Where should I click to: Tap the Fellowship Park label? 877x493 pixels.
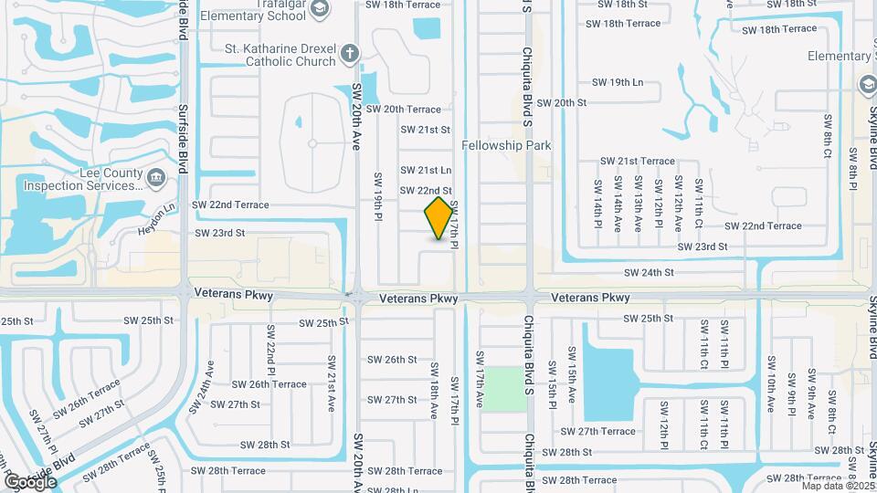pyautogui.click(x=506, y=145)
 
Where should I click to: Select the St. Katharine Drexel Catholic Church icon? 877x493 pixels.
pyautogui.click(x=347, y=55)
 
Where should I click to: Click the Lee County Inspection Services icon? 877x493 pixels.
pyautogui.click(x=156, y=175)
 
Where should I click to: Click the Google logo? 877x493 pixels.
pyautogui.click(x=30, y=481)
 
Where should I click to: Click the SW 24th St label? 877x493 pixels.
pyautogui.click(x=649, y=272)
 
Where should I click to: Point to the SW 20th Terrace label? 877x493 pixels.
pyautogui.click(x=403, y=109)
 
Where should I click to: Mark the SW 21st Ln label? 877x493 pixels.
pyautogui.click(x=426, y=170)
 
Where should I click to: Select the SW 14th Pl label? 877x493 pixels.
pyautogui.click(x=598, y=202)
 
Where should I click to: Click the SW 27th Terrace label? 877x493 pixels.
pyautogui.click(x=597, y=431)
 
